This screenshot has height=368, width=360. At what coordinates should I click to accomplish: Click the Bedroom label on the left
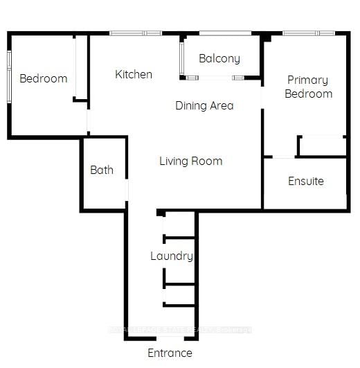tap(43, 78)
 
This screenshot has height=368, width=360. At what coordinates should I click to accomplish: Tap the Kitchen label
tap(134, 74)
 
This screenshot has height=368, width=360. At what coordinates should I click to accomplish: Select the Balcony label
tap(219, 59)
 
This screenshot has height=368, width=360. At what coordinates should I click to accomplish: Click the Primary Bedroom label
tap(308, 87)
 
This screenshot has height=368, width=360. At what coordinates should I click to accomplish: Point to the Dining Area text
tap(204, 106)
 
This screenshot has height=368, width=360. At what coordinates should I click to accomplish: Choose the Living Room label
tap(190, 161)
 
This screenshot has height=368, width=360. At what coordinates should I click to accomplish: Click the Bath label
tap(102, 170)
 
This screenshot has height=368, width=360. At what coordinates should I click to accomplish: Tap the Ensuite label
tap(305, 181)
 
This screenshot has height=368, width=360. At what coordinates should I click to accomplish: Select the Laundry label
tap(171, 256)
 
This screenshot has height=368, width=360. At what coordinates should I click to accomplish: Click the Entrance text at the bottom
tap(170, 353)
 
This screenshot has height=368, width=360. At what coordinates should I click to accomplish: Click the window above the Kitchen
tap(136, 33)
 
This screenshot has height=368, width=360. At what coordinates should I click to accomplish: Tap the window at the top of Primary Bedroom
tap(309, 33)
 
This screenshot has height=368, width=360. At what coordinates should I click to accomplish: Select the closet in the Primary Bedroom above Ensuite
tap(322, 146)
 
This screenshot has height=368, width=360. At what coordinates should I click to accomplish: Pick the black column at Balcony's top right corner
tap(264, 37)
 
